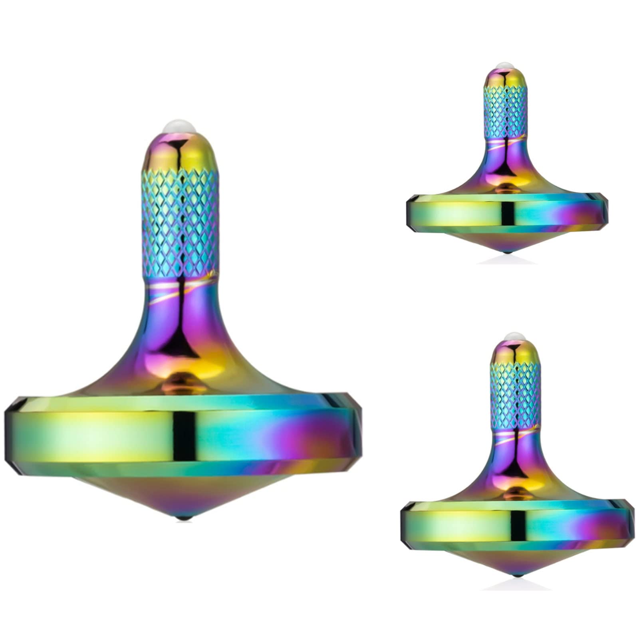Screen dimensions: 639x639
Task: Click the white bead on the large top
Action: (180, 127)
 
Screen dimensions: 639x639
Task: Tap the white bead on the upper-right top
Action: (507, 65)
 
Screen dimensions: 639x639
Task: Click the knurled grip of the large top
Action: (180, 222)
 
